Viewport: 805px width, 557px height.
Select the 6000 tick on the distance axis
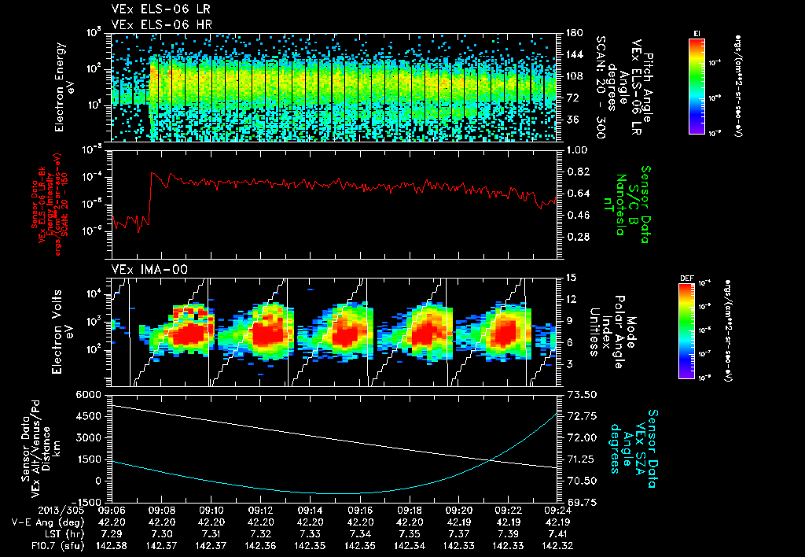tap(88, 394)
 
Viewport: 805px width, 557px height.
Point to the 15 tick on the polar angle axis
tap(568, 278)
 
